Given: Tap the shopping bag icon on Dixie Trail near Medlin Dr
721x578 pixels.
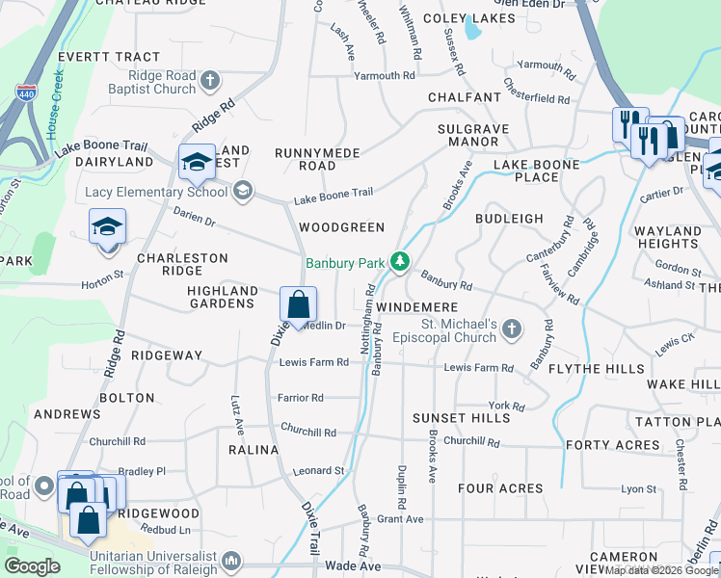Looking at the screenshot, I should (x=299, y=304).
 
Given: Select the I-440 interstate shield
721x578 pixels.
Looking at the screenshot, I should (x=26, y=93).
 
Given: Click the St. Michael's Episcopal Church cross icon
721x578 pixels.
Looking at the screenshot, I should (x=512, y=329).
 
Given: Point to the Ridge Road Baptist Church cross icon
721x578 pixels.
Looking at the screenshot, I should (x=212, y=82).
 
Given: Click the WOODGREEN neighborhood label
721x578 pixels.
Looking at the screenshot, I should (x=341, y=227).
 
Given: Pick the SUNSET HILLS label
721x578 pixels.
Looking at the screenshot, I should (x=461, y=419).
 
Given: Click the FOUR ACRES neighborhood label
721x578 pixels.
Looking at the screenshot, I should (x=500, y=488).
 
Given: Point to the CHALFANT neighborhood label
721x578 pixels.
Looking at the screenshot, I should (x=465, y=97).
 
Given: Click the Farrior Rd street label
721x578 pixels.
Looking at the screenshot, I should (x=301, y=397).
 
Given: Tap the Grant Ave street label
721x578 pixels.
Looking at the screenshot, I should (x=400, y=519).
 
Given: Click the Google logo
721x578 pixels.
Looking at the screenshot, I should (x=32, y=566).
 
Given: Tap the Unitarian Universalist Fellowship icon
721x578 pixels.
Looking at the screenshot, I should (x=231, y=559).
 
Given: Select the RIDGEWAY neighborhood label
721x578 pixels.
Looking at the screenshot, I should (x=167, y=355).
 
